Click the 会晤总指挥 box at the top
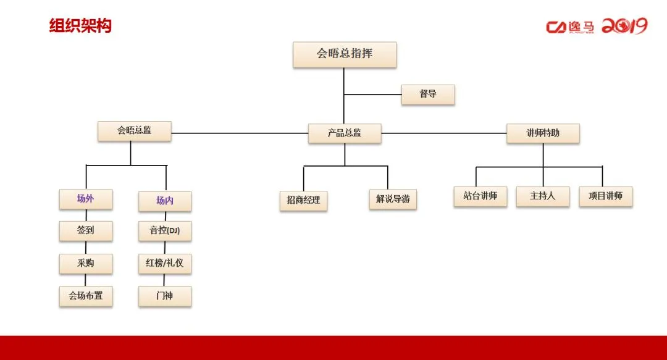345,54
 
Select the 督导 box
428,95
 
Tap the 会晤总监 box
135,132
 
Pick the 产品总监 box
345,133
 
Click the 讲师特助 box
543,133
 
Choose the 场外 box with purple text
86,199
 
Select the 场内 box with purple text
165,201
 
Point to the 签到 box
86,232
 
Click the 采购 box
86,264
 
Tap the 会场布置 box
86,296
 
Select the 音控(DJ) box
165,232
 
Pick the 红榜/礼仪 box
165,264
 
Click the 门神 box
165,296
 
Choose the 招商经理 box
303,201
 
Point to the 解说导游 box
393,201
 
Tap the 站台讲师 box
480,197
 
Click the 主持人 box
543,197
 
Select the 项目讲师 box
606,197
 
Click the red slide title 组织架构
80,26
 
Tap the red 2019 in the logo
624,27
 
